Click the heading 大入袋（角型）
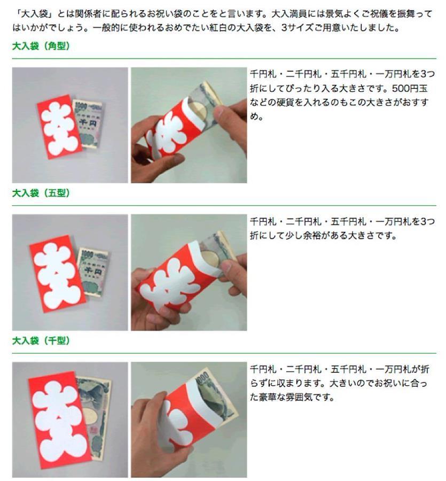(41, 46)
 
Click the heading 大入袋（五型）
(41, 193)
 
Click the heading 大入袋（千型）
(41, 340)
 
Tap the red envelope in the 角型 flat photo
(59, 127)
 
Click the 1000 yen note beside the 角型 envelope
(88, 123)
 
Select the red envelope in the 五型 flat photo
(57, 273)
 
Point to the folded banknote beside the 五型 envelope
(93, 271)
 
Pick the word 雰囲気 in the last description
(299, 397)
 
